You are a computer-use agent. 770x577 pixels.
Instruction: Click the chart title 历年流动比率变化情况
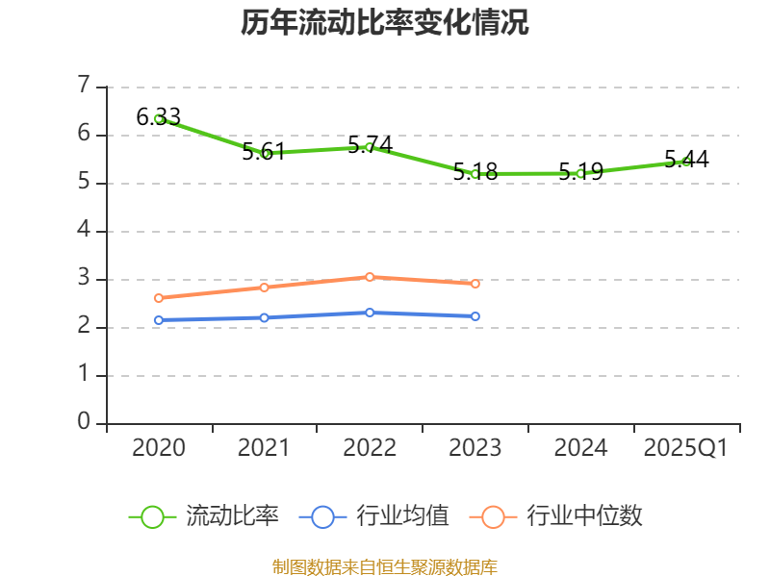[x=385, y=23]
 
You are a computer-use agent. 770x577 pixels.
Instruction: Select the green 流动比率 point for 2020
[x=159, y=118]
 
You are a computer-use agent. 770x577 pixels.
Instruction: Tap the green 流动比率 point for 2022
[x=370, y=147]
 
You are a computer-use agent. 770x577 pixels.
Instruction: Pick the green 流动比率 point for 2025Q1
[x=686, y=162]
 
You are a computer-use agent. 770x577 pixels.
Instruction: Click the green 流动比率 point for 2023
[x=475, y=174]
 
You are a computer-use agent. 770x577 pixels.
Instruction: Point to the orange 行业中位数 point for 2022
[x=370, y=277]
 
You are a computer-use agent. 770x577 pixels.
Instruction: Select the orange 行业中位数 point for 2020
[x=159, y=298]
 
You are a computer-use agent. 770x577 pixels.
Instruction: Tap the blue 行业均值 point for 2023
[x=475, y=316]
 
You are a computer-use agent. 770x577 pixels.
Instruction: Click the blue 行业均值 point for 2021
[x=265, y=317]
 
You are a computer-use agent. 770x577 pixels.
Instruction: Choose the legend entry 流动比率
[x=205, y=516]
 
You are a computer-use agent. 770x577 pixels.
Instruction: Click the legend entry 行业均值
[x=375, y=516]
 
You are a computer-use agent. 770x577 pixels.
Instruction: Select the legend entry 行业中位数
[x=556, y=516]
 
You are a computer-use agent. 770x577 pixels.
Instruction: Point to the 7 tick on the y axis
[x=84, y=87]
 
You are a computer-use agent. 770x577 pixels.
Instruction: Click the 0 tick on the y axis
[x=84, y=423]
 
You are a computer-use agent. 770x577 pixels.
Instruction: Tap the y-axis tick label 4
[x=84, y=231]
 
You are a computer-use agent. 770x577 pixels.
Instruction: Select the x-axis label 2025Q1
[x=686, y=448]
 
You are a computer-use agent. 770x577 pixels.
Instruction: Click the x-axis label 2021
[x=265, y=448]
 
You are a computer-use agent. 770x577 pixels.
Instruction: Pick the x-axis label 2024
[x=581, y=448]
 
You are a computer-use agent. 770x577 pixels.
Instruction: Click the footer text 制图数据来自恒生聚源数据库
[x=385, y=566]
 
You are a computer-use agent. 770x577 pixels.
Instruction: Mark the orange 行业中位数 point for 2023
[x=475, y=284]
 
